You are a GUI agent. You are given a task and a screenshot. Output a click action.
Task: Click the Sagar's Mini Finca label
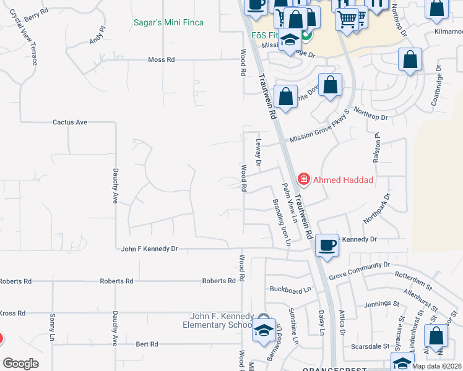(x=168, y=23)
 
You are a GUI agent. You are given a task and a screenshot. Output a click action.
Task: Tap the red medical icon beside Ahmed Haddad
(x=304, y=180)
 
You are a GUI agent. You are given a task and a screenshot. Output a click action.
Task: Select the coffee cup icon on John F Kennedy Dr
(x=327, y=244)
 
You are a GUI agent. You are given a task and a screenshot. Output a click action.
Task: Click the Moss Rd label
(x=162, y=60)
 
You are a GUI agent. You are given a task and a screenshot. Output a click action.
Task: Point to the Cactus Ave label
(x=69, y=122)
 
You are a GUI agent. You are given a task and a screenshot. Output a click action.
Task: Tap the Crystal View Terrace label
(x=24, y=37)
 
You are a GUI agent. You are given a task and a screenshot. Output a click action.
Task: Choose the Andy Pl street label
(x=99, y=34)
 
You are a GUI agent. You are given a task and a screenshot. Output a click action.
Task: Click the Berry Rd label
(x=37, y=11)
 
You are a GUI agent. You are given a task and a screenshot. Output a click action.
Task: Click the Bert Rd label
(x=147, y=344)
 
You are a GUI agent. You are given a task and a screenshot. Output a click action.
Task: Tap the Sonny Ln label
(x=52, y=330)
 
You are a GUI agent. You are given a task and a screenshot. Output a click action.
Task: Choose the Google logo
(x=20, y=363)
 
